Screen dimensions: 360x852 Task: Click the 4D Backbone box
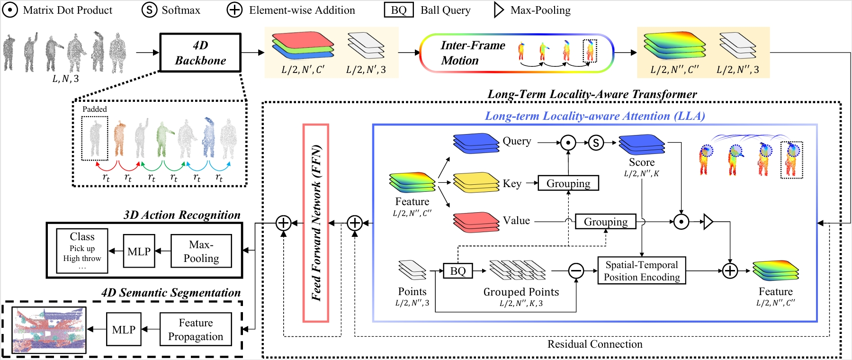tap(200, 53)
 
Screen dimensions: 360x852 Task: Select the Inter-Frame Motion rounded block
tap(516, 53)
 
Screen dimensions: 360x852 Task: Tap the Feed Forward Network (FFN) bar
tap(315, 223)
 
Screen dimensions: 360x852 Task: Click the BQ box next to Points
tap(457, 271)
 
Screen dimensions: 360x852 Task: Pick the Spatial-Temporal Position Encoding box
tap(641, 271)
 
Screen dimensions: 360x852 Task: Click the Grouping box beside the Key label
tap(568, 183)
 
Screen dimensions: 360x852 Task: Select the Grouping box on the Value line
tap(605, 222)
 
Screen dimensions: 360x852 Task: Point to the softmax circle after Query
tap(596, 142)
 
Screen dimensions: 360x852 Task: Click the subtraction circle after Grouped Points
tap(576, 271)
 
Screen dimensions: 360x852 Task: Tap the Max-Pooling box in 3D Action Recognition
tap(201, 252)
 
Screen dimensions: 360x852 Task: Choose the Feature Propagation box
tap(196, 330)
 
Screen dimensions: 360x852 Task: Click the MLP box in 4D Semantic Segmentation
tap(124, 330)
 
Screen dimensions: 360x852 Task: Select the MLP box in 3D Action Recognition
tap(139, 252)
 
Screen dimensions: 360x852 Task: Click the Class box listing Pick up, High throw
tap(82, 251)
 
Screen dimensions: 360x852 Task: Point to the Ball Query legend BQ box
tap(399, 10)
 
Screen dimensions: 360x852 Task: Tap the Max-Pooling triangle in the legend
tap(499, 10)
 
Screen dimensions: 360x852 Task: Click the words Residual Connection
tap(595, 344)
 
